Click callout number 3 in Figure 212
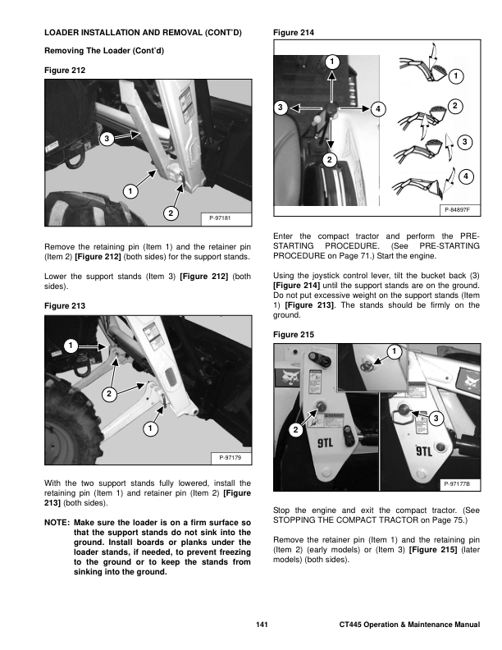tap(106, 140)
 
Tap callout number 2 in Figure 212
tap(170, 213)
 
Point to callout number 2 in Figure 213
tap(107, 395)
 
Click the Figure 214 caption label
tap(291, 32)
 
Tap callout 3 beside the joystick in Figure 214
tap(279, 108)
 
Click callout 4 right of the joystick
tap(377, 108)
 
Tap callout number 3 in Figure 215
tap(435, 419)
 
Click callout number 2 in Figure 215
tap(294, 430)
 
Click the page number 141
tap(262, 626)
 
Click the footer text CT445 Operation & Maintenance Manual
tap(408, 626)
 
